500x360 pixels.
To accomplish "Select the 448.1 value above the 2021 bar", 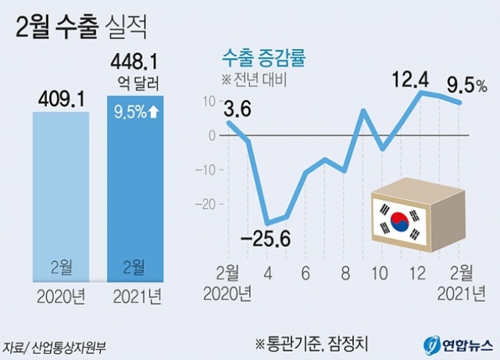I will click(x=134, y=61).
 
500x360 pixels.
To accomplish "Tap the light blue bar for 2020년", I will click(x=60, y=195).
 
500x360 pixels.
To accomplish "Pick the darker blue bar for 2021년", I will click(x=135, y=195).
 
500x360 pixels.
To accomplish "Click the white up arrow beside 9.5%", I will click(x=155, y=112).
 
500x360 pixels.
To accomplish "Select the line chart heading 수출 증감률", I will click(x=262, y=56).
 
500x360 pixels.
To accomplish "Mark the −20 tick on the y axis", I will click(x=206, y=204).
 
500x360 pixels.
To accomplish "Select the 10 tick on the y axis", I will click(x=208, y=102).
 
